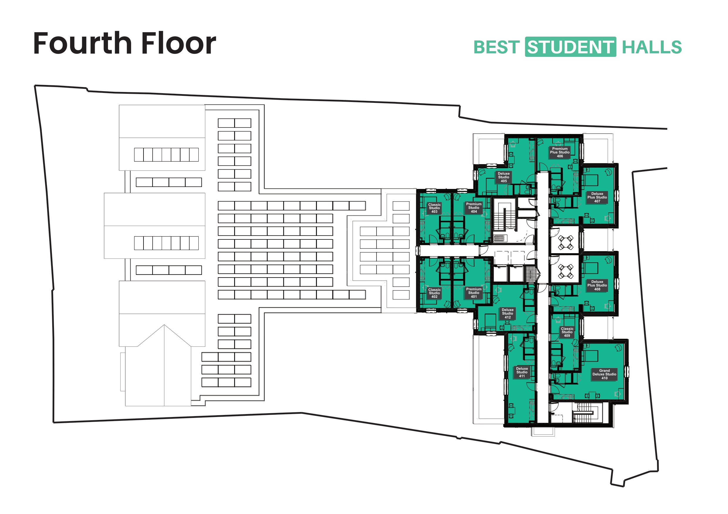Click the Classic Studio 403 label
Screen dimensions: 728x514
(x=434, y=208)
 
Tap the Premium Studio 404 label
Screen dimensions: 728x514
(x=474, y=208)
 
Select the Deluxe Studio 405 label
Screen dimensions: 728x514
(x=504, y=177)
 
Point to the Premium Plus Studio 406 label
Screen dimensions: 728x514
(x=560, y=152)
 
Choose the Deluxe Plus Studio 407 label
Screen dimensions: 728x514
(x=597, y=197)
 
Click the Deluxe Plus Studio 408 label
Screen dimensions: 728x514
(x=597, y=285)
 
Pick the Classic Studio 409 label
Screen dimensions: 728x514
(x=567, y=332)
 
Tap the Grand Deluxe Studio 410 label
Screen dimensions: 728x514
(x=604, y=374)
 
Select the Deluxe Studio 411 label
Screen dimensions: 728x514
(x=522, y=372)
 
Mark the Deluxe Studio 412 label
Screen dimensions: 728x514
(x=508, y=314)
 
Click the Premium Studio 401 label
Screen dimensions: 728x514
(x=474, y=293)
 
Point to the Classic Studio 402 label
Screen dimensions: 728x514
(x=434, y=293)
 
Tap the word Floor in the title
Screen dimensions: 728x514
(x=178, y=43)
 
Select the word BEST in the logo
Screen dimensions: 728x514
(x=496, y=47)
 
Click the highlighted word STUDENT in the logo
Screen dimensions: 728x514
(x=571, y=47)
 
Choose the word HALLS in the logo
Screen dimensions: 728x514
(x=652, y=47)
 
